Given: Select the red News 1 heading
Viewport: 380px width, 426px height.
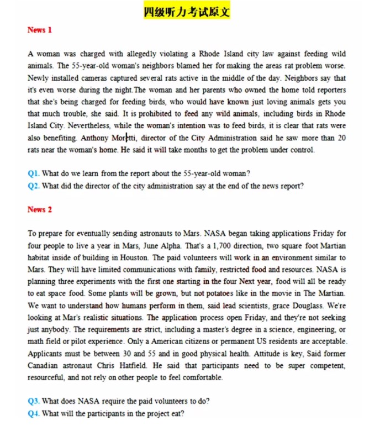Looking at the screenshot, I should click(x=39, y=30).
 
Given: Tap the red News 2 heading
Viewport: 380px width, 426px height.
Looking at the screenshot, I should click(x=39, y=209).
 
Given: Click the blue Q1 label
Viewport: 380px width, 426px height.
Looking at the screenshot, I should click(x=33, y=173).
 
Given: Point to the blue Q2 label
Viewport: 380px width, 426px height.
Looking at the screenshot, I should click(x=33, y=186).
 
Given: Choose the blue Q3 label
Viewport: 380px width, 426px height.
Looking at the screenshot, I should click(x=33, y=401).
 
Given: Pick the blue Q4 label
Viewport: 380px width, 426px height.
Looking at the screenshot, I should click(x=33, y=413).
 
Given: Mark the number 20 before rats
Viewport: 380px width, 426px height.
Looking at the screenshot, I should click(x=341, y=138).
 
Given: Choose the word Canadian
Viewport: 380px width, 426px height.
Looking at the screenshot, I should click(x=46, y=366).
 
